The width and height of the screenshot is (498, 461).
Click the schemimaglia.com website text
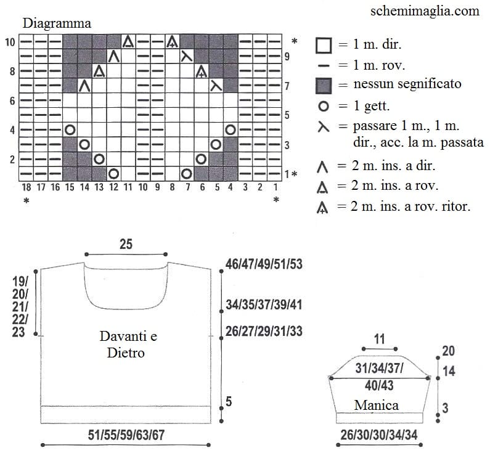(x=425, y=11)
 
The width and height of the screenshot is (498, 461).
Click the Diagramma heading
(x=57, y=23)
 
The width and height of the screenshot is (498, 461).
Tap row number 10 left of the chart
(x=10, y=42)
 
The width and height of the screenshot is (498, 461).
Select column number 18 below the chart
(x=27, y=187)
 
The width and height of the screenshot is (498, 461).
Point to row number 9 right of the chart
(x=287, y=57)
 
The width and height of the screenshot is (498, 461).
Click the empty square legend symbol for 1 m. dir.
(x=324, y=46)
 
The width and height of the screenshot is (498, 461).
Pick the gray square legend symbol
(x=324, y=86)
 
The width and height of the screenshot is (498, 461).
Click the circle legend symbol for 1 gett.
(x=324, y=106)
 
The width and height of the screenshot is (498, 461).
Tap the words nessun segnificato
(x=407, y=84)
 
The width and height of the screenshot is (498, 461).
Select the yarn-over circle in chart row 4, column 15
(x=70, y=129)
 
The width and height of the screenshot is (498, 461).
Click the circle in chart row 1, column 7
(x=187, y=174)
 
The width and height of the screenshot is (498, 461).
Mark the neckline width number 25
(x=126, y=244)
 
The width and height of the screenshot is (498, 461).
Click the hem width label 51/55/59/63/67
(x=126, y=435)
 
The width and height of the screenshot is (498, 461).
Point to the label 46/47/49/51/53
(x=264, y=264)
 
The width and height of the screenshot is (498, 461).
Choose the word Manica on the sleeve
(x=377, y=405)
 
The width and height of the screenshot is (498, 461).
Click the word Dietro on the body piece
(x=126, y=353)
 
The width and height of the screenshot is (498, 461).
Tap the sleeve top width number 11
(x=380, y=339)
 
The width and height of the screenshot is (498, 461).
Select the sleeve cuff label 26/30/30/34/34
(x=379, y=435)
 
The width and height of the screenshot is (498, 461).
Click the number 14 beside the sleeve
(x=449, y=371)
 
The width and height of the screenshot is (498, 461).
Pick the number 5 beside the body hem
(x=229, y=402)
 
